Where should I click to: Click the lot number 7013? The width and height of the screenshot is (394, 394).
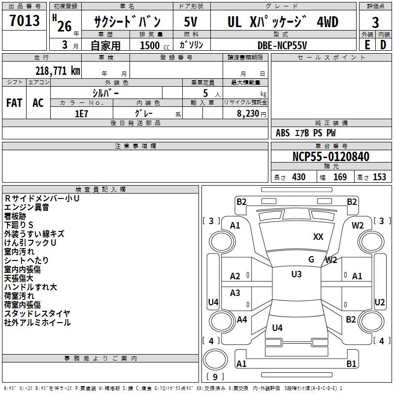click(x=24, y=20)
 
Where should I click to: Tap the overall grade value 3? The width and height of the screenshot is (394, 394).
click(x=375, y=22)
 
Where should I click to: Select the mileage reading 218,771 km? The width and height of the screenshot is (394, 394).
click(x=58, y=71)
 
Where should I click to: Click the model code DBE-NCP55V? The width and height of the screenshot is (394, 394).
click(x=282, y=45)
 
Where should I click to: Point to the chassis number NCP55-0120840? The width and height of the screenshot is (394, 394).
click(x=331, y=157)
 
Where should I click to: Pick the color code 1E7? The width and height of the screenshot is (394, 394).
click(x=81, y=114)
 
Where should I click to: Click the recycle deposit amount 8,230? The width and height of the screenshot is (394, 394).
click(x=248, y=114)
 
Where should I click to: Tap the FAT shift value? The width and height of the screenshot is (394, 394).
click(x=14, y=103)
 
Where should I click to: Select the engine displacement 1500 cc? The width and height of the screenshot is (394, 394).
click(x=155, y=45)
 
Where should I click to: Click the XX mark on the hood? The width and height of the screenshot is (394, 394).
click(x=318, y=237)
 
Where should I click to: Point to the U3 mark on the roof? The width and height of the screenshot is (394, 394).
click(x=296, y=274)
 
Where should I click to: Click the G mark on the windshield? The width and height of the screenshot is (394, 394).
click(x=311, y=260)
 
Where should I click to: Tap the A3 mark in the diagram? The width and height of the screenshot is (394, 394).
click(x=235, y=293)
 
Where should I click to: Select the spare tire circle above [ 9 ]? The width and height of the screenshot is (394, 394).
click(x=215, y=360)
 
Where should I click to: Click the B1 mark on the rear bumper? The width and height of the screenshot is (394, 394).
click(x=351, y=363)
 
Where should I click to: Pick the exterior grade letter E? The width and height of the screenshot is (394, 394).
click(x=367, y=45)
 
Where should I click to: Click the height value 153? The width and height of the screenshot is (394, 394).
click(x=379, y=177)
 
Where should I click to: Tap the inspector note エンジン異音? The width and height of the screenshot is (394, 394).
click(x=27, y=207)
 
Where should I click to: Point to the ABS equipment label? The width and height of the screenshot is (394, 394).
click(x=283, y=133)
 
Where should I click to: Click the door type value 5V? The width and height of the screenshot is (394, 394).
click(x=191, y=22)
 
